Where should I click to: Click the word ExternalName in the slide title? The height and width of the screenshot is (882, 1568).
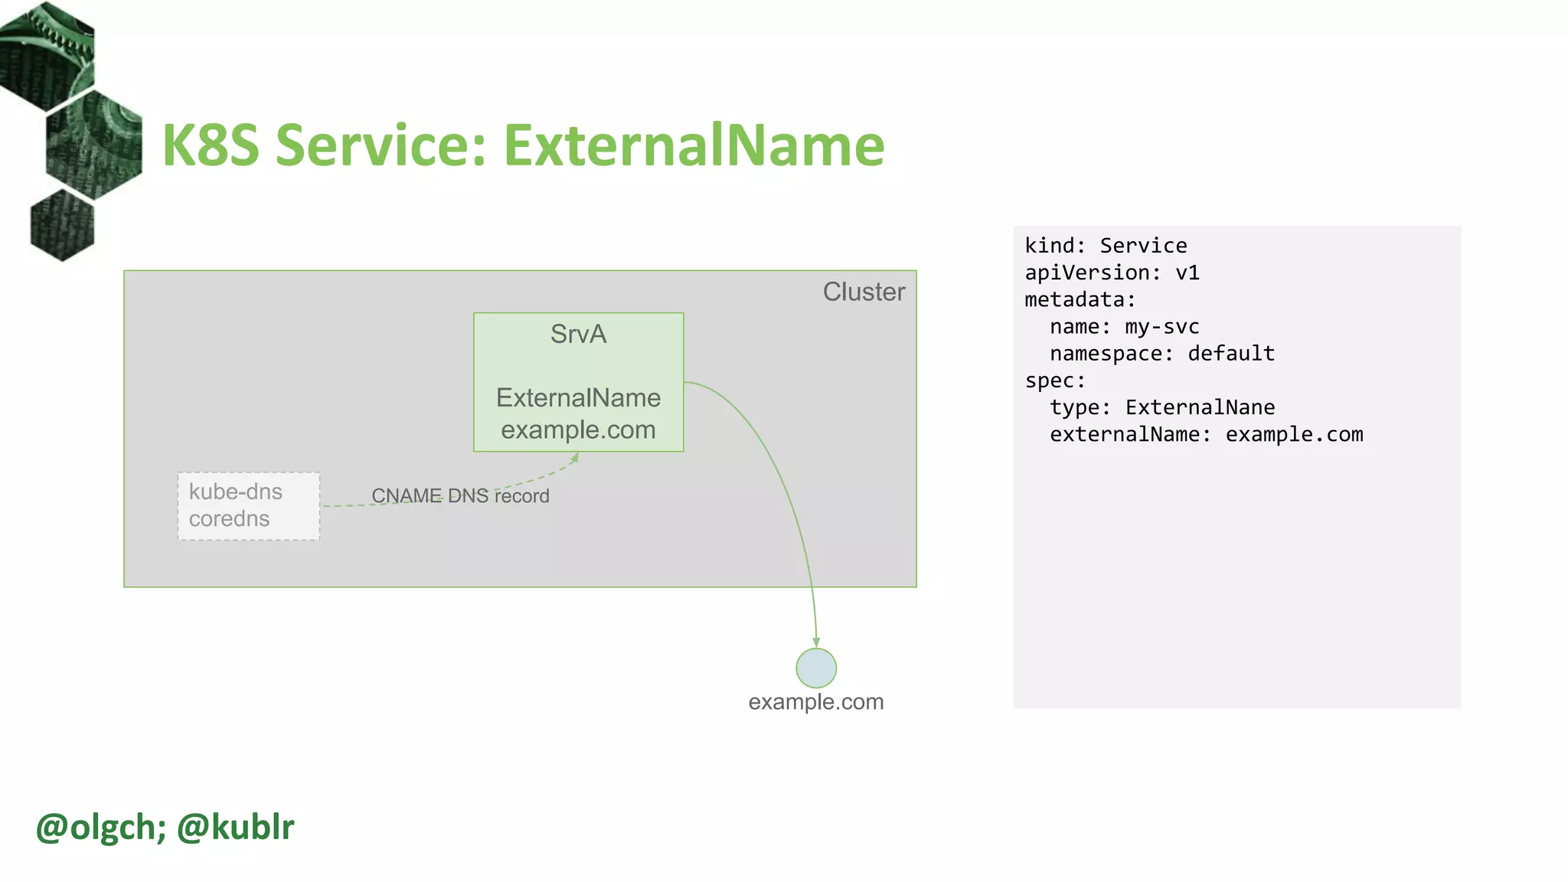694,145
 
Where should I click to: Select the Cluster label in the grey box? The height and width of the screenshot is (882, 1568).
864,292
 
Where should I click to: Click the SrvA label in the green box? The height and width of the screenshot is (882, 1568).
578,334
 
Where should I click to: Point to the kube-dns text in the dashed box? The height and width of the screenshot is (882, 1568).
236,492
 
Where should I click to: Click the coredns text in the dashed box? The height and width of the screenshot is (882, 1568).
229,519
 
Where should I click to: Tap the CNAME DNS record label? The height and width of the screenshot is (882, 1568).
460,496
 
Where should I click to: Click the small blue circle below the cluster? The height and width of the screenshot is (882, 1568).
816,668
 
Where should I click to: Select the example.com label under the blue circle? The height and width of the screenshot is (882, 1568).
815,701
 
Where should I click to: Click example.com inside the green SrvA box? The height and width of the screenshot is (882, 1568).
578,430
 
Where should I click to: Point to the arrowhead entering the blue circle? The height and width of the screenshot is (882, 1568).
816,642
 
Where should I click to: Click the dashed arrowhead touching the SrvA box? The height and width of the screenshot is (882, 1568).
575,458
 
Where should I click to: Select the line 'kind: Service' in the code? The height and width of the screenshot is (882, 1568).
1106,246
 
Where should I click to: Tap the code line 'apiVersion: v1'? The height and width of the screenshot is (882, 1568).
1112,273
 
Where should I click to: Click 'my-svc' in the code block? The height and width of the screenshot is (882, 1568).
1161,327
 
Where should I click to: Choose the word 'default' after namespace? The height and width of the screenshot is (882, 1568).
1231,354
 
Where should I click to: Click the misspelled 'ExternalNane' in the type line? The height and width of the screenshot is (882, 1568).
1200,407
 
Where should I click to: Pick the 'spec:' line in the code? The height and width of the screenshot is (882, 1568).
1055,381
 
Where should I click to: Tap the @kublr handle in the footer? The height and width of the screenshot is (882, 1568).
235,827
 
